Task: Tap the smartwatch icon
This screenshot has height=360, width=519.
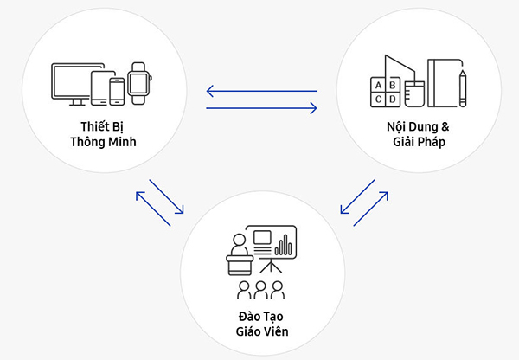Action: [x=138, y=80]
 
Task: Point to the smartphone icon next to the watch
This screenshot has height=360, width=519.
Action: [x=119, y=89]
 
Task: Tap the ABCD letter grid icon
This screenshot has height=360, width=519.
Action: [x=384, y=91]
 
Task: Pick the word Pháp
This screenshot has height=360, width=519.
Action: [x=432, y=142]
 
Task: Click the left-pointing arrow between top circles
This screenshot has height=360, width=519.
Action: [x=261, y=90]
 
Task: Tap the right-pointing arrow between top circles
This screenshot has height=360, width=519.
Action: [x=261, y=108]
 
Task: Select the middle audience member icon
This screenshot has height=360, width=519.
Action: [x=259, y=289]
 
